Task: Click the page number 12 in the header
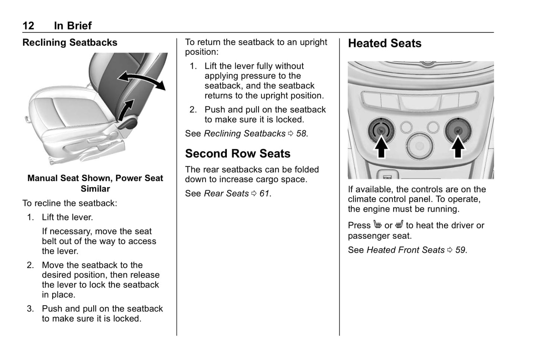pyautogui.click(x=28, y=25)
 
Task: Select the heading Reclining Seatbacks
pyautogui.click(x=70, y=43)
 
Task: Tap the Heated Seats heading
pyautogui.click(x=385, y=43)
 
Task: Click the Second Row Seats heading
pyautogui.click(x=238, y=153)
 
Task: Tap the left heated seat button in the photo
pyautogui.click(x=380, y=131)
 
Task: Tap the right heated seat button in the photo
pyautogui.click(x=458, y=131)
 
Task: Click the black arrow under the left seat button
pyautogui.click(x=381, y=148)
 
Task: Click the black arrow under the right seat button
pyautogui.click(x=458, y=148)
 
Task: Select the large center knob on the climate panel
pyautogui.click(x=420, y=146)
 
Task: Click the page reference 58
pyautogui.click(x=301, y=134)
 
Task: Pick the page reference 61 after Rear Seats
pyautogui.click(x=264, y=194)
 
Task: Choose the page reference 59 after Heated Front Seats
pyautogui.click(x=460, y=250)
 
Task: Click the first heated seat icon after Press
pyautogui.click(x=377, y=225)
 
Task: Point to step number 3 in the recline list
pyautogui.click(x=30, y=309)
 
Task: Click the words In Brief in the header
pyautogui.click(x=73, y=25)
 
